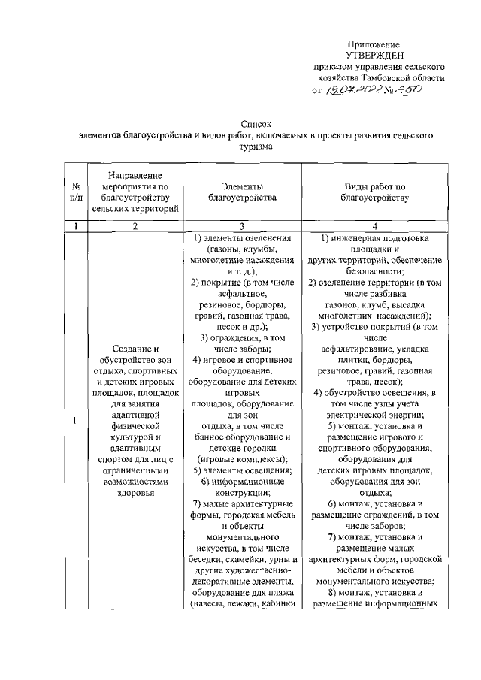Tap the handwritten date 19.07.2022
coord(352,89)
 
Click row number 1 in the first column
coord(76,420)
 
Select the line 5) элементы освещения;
coord(242,470)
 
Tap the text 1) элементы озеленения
coord(242,239)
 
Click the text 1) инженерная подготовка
coord(375,239)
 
